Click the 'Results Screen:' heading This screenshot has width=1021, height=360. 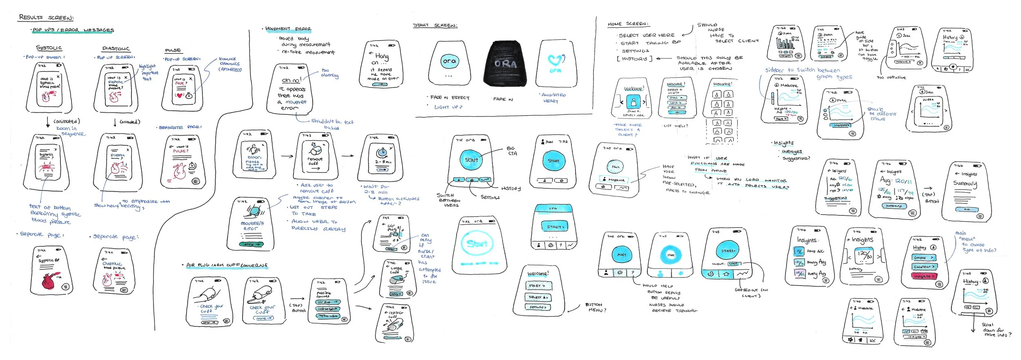click(46, 17)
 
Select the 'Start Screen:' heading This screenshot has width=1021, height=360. click(435, 25)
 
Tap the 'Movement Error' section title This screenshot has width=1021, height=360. click(288, 29)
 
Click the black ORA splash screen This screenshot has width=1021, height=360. click(505, 64)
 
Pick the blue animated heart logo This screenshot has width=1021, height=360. click(555, 61)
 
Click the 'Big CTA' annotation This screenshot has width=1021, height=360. click(511, 151)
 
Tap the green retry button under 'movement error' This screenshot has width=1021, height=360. click(251, 244)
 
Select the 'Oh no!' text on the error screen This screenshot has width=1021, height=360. click(291, 80)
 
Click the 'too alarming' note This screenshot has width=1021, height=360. click(329, 73)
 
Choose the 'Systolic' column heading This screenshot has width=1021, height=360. click(49, 48)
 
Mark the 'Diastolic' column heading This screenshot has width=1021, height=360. click(116, 49)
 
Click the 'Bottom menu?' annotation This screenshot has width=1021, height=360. click(595, 307)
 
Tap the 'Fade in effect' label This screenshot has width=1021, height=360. click(450, 98)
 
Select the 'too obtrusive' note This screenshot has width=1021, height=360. click(891, 77)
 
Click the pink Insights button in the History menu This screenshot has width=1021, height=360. click(923, 276)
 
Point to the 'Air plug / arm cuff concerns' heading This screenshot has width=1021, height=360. click(227, 265)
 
